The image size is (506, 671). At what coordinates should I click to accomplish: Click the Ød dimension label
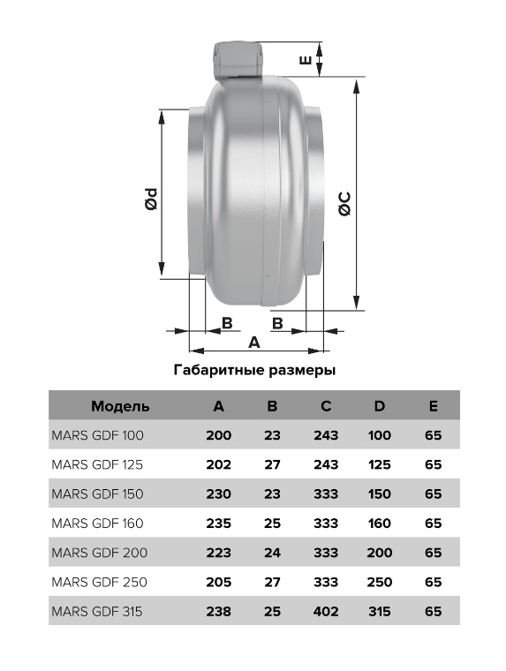[x=151, y=200]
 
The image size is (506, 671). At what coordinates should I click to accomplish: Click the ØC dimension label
[x=344, y=203]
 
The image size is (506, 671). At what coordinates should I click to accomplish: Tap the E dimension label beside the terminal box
[x=306, y=59]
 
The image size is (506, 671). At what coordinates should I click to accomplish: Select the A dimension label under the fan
[x=254, y=343]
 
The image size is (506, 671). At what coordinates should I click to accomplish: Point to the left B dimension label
[x=227, y=323]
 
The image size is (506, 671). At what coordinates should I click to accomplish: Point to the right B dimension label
[x=277, y=323]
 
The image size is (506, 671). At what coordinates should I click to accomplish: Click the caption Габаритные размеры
[x=254, y=370]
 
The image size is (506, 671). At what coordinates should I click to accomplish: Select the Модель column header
[x=120, y=406]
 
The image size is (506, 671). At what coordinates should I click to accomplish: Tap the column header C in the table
[x=326, y=405]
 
